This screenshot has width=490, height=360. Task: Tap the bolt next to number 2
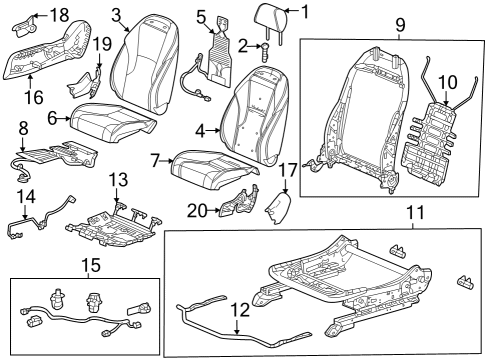[266, 52]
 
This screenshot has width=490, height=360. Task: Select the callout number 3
[116, 15]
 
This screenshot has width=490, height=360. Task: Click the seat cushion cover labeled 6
[112, 121]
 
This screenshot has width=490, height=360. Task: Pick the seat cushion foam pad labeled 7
[213, 170]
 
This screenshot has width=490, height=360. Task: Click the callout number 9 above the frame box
[400, 25]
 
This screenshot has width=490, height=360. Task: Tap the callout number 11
[416, 212]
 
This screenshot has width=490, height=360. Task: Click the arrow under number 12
[237, 327]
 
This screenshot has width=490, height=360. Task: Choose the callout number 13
[118, 180]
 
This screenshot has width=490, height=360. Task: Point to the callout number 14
[26, 197]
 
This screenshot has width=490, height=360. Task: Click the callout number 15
[91, 265]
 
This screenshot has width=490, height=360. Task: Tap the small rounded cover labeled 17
[278, 208]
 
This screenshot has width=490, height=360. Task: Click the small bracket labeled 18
[25, 26]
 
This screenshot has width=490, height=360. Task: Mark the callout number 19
[102, 44]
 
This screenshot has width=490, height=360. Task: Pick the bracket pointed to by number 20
[238, 203]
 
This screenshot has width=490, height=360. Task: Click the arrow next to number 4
[214, 131]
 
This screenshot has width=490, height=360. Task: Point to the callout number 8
[23, 128]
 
